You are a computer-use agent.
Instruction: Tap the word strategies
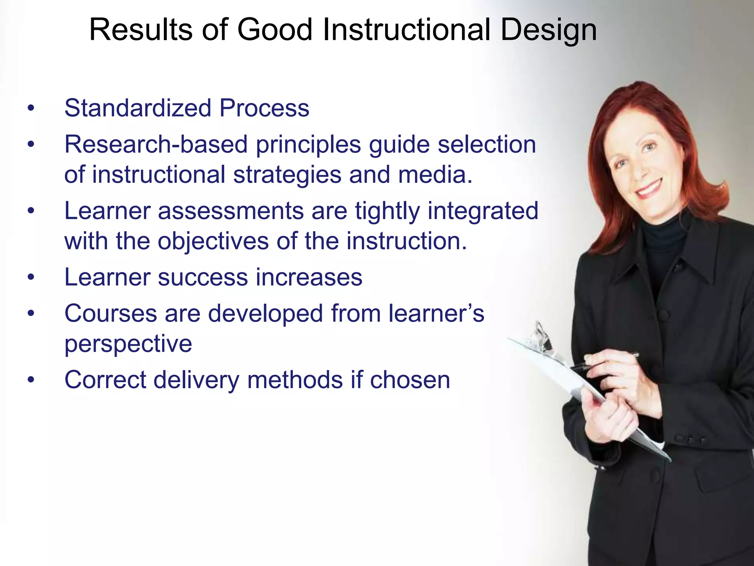click(287, 175)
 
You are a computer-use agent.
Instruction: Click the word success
click(203, 277)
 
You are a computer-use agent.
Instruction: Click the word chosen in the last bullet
click(410, 380)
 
